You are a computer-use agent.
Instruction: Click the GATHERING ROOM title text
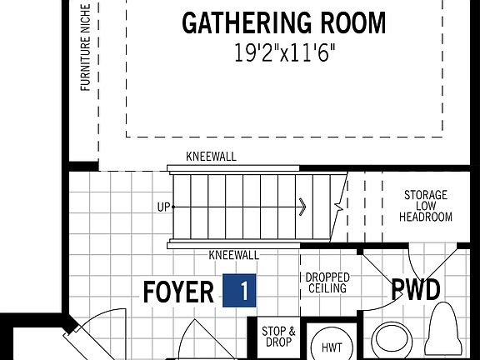283,22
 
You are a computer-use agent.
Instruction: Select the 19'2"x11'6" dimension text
283,54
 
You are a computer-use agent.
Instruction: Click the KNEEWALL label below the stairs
234,256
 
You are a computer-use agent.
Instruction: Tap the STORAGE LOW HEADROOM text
425,206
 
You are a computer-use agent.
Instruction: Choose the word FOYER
178,292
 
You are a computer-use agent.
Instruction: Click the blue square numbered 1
240,291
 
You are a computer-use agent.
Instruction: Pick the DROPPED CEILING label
327,282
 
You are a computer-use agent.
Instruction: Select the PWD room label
416,290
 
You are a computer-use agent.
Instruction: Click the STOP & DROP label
278,337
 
